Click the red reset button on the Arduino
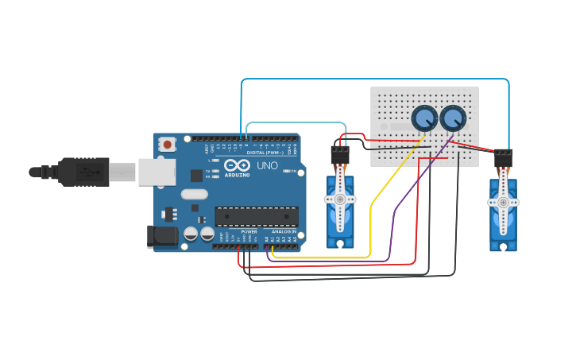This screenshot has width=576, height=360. (x=167, y=145)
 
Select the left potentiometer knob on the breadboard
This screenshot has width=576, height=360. (x=424, y=118)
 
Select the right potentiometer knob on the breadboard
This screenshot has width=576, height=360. (x=453, y=118)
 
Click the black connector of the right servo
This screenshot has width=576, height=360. (x=503, y=158)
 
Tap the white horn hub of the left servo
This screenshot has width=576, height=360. (x=340, y=199)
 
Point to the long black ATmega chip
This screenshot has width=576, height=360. (x=257, y=216)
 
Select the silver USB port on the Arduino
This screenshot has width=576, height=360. (x=157, y=172)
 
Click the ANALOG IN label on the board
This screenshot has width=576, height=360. (x=282, y=231)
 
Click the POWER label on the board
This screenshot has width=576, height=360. (x=249, y=231)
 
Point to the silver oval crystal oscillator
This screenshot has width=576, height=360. (x=194, y=194)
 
